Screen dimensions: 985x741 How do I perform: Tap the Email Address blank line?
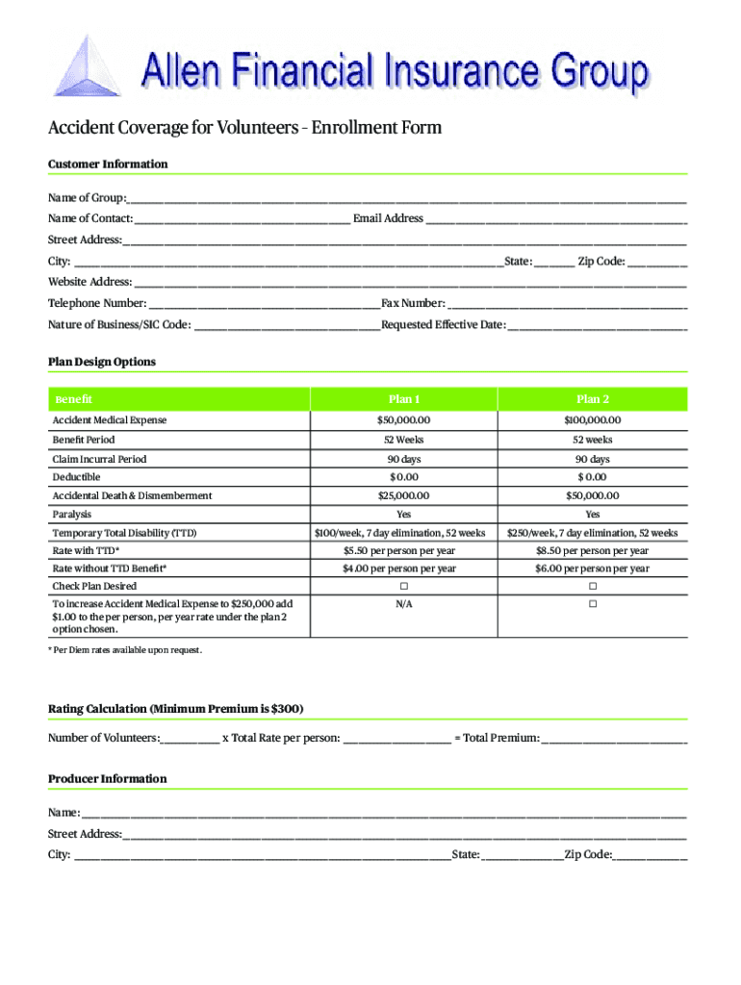[556, 219]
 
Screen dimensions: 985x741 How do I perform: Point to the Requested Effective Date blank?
[597, 325]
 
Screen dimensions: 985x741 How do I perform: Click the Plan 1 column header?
[404, 399]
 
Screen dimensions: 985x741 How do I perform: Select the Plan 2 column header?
[593, 399]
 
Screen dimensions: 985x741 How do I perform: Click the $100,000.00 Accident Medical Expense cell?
[593, 420]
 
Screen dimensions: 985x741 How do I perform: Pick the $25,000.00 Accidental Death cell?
[404, 495]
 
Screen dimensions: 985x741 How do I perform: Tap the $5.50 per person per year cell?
[404, 551]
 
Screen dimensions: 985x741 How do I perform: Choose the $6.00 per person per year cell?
[593, 568]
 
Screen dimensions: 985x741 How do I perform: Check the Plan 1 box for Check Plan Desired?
[404, 586]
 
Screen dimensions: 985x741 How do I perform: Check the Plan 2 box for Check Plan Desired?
[593, 586]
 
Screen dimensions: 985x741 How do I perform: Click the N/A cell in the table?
[404, 604]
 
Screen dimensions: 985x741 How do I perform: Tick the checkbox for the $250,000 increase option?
[593, 604]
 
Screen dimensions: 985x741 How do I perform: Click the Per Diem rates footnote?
[125, 650]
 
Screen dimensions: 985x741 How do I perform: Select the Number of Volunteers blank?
[191, 739]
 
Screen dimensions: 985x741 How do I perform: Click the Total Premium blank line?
[614, 739]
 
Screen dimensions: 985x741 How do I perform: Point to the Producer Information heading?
[107, 778]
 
